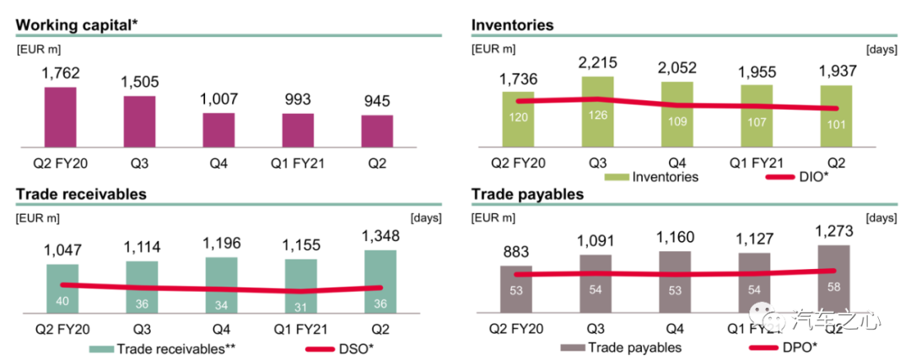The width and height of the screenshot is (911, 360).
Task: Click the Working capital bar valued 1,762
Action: (x=60, y=116)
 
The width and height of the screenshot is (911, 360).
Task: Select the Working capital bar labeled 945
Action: (x=377, y=131)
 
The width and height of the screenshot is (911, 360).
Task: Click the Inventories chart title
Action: (x=512, y=25)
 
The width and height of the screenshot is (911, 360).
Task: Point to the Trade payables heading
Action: (x=527, y=194)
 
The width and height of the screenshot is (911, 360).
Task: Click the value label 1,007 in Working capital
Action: (x=218, y=99)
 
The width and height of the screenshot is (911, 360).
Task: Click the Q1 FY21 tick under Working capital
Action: (x=298, y=159)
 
